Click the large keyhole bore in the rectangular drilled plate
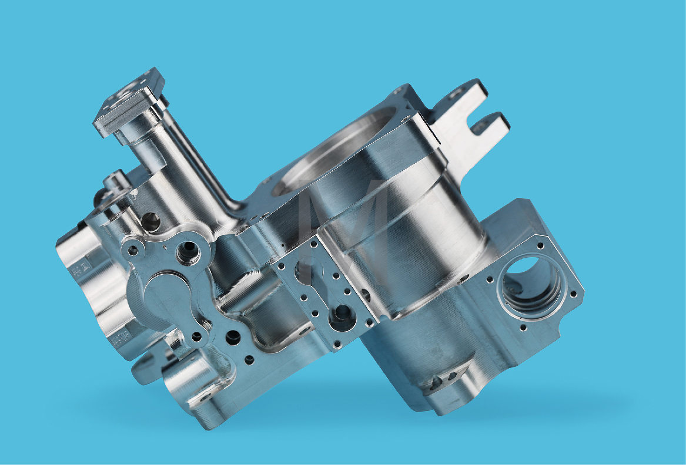pos(341,318)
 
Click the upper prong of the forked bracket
pos(464,94)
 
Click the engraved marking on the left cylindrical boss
pos(77,269)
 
